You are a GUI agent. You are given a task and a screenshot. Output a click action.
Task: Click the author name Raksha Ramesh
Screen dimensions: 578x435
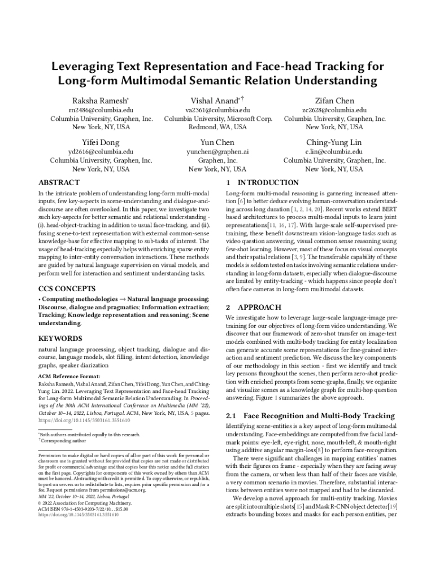101,100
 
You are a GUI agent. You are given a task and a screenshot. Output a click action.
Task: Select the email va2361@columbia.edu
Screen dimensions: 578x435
217,111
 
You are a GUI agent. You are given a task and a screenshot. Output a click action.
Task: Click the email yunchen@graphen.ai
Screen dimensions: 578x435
217,152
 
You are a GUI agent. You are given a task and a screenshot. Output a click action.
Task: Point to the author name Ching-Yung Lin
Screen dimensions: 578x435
334,142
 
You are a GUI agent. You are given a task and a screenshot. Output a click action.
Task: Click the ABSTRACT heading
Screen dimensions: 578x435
59,183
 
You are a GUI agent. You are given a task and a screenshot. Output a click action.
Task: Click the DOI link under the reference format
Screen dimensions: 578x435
84,421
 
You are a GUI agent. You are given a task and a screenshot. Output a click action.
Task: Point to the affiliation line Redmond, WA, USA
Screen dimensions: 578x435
217,128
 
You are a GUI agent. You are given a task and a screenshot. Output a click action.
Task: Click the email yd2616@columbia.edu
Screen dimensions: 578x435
101,152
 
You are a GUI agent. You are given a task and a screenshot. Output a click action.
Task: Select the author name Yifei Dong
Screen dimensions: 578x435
101,142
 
